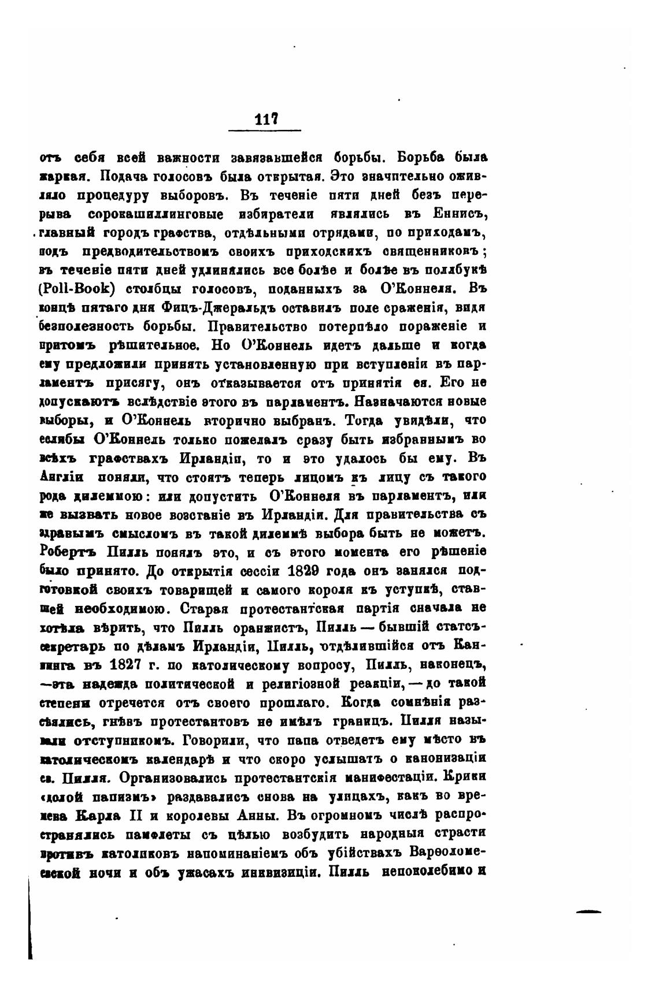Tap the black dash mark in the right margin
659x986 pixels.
pyautogui.click(x=588, y=911)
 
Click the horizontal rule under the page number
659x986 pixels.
pyautogui.click(x=265, y=130)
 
